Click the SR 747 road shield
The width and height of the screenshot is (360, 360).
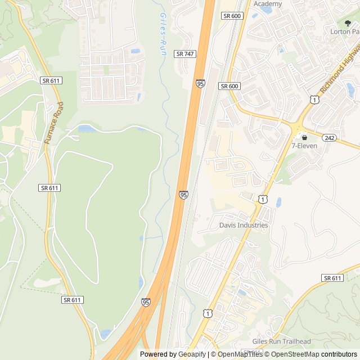(x=184, y=53)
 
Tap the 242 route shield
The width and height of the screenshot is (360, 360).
(x=330, y=137)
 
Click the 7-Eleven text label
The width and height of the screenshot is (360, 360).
(x=304, y=146)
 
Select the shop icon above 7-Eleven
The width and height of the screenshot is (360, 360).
(x=304, y=137)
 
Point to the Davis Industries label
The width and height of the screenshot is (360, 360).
(x=244, y=226)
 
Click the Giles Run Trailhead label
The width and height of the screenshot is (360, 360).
(x=281, y=341)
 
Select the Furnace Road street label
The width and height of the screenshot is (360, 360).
(x=55, y=122)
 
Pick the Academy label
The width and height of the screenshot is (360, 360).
(x=267, y=4)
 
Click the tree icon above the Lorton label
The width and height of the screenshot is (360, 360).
(x=348, y=23)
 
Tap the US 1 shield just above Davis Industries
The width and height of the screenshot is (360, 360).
(x=263, y=199)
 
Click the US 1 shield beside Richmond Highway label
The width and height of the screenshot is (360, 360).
(x=314, y=99)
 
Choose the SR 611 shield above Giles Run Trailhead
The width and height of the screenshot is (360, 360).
(x=332, y=278)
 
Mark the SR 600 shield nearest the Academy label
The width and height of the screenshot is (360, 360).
(x=231, y=16)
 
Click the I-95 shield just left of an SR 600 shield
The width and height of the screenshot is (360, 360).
(x=201, y=84)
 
